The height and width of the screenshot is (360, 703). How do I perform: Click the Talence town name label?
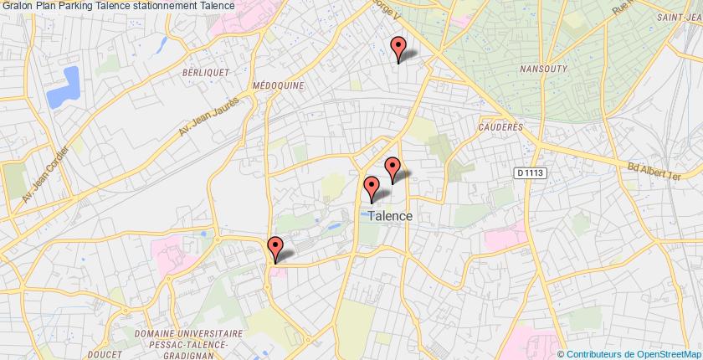click(x=389, y=215)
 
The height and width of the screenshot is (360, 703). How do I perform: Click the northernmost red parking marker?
click(x=398, y=49)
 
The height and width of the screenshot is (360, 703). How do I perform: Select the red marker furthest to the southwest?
click(x=275, y=249)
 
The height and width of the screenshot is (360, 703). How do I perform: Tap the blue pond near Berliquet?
click(x=64, y=87)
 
